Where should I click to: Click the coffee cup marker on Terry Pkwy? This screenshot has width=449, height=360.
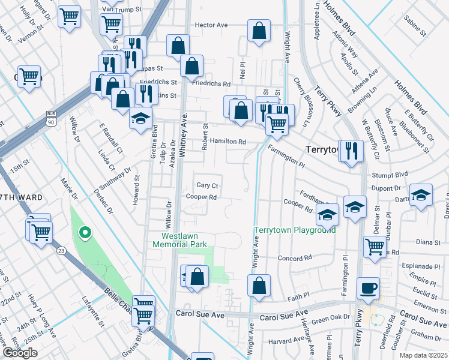pos(369,288)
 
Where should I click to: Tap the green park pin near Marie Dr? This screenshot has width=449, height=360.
pos(85,233)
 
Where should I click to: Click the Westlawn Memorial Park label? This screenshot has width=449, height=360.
pos(179,240)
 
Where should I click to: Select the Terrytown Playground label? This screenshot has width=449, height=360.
pos(295,230)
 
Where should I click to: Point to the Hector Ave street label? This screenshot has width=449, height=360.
pos(211,25)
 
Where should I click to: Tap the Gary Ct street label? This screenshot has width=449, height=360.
pos(207,185)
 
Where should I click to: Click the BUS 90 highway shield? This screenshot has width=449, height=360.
pos(51,118)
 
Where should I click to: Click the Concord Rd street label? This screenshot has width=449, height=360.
pos(295,257)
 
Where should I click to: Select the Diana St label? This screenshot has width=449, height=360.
pos(428,242)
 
